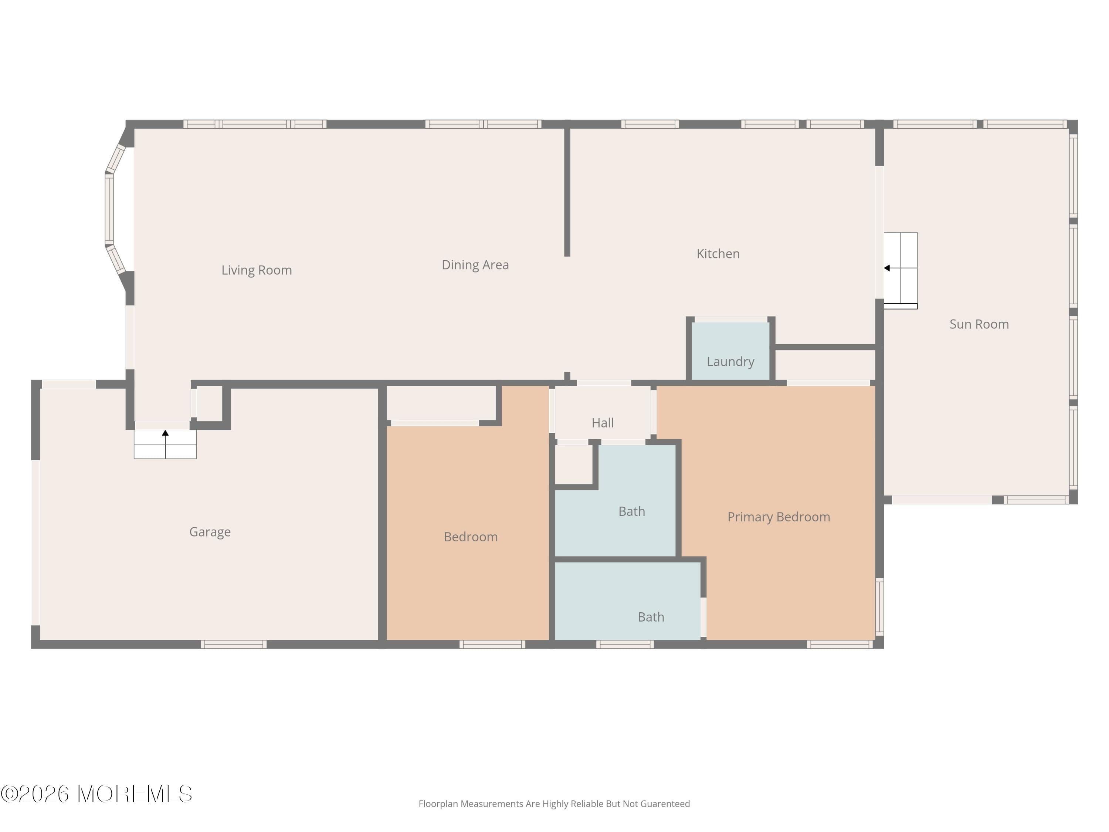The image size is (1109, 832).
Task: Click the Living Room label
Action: pos(256,270)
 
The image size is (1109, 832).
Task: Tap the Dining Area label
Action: pos(475,265)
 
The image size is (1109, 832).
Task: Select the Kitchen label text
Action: pos(718,254)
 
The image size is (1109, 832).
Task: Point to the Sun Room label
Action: pos(979,324)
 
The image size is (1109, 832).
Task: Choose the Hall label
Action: pos(602,423)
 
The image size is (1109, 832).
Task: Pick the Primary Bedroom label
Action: pos(778,517)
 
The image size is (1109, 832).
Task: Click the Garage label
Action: pos(210,532)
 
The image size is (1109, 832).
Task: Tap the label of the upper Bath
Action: pos(631,511)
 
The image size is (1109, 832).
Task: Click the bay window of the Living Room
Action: pos(109,210)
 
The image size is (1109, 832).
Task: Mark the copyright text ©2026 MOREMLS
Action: pos(96,794)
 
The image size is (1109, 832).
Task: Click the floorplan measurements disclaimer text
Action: pos(554,804)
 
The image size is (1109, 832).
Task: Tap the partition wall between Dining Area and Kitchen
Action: pos(567,190)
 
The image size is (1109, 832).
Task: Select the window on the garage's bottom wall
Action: pos(234,645)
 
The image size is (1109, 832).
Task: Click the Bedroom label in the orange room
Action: pos(470,537)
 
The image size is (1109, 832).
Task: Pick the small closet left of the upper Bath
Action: pos(574,464)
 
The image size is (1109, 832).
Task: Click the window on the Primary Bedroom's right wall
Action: pos(879,607)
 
